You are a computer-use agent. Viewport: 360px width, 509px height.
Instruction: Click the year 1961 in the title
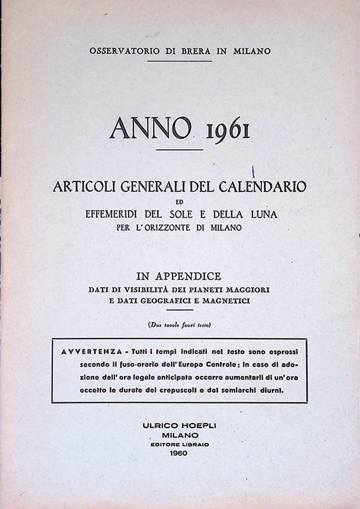[x=227, y=130]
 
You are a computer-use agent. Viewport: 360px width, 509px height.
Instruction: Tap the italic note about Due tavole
[x=180, y=325]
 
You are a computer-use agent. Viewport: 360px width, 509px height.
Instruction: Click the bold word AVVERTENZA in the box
[x=86, y=350]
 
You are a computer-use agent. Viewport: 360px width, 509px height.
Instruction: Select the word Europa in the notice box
[x=206, y=364]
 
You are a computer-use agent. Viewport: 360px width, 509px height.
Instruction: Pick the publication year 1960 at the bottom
[x=180, y=453]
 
